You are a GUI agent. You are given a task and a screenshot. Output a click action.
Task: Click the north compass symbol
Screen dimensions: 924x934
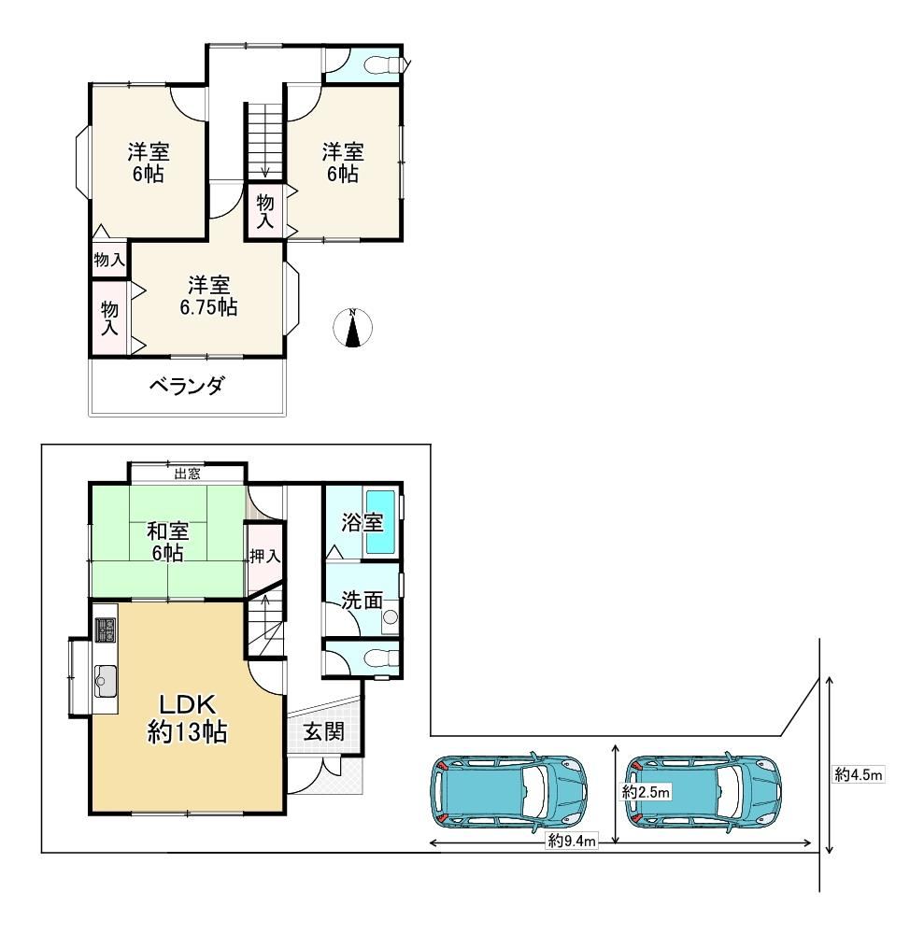(352, 327)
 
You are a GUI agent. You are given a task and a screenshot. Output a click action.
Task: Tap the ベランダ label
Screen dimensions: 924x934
(187, 386)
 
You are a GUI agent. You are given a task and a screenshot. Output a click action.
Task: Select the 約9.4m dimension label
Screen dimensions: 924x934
(572, 842)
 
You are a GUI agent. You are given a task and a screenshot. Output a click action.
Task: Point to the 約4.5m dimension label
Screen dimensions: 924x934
(859, 774)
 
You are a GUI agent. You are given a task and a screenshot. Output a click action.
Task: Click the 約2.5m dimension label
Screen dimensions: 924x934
(646, 792)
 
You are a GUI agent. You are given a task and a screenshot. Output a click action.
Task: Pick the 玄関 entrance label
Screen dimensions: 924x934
(324, 731)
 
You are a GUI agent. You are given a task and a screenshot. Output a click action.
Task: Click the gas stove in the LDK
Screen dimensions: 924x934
(106, 630)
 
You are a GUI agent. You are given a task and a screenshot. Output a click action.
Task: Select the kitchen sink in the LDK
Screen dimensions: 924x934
(106, 681)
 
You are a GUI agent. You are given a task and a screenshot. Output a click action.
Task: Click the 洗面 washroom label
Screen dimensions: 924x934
(362, 600)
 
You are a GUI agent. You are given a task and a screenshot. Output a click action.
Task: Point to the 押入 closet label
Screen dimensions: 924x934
(265, 557)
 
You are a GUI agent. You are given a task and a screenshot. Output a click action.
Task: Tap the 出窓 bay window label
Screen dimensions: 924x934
(187, 474)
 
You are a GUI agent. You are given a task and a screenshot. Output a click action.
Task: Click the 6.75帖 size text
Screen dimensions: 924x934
(208, 307)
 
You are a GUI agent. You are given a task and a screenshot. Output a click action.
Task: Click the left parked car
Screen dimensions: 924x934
(509, 791)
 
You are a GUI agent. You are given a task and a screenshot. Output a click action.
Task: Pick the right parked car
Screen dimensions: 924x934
(703, 791)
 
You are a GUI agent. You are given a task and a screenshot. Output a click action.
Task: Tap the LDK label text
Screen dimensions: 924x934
(187, 704)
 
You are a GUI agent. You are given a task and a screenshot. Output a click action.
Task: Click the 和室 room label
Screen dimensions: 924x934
(168, 530)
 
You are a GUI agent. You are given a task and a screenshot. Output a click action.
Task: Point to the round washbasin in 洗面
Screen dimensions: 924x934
(391, 617)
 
